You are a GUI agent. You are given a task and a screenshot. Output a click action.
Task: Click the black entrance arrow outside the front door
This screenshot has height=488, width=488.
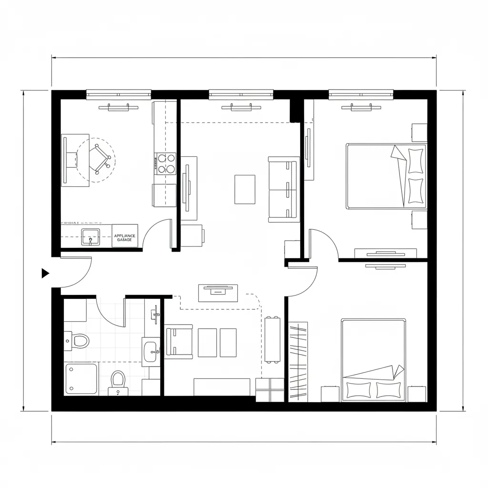pyautogui.click(x=45, y=273)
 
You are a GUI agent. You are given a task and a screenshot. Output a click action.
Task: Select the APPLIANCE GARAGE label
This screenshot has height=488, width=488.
pyautogui.click(x=125, y=237)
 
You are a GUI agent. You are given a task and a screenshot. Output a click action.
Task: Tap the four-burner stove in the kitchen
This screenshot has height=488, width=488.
pyautogui.click(x=165, y=163)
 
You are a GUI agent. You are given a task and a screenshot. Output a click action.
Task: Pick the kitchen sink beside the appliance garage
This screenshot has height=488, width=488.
pyautogui.click(x=90, y=236)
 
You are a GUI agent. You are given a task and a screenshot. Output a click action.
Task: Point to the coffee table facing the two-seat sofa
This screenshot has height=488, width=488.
pyautogui.click(x=244, y=189)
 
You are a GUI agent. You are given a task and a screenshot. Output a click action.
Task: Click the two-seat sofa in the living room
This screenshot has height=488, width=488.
pyautogui.click(x=283, y=189)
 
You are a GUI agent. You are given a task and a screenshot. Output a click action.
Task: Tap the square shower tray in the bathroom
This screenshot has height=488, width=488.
pyautogui.click(x=81, y=378)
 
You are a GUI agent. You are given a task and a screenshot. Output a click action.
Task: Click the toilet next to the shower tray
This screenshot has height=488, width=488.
pyautogui.click(x=118, y=380)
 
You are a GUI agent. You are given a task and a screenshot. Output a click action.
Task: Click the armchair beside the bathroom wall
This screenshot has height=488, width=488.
pyautogui.click(x=179, y=342)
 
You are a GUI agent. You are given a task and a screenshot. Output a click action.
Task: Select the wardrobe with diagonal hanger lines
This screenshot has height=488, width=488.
pyautogui.click(x=298, y=362)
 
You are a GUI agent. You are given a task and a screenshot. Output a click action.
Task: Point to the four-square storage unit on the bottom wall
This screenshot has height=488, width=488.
pyautogui.click(x=270, y=390)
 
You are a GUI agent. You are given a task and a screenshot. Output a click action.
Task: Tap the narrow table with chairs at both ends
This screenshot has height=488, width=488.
pyautogui.click(x=274, y=339)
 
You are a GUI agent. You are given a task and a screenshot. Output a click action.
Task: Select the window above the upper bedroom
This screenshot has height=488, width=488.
pyautogui.click(x=361, y=94)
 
